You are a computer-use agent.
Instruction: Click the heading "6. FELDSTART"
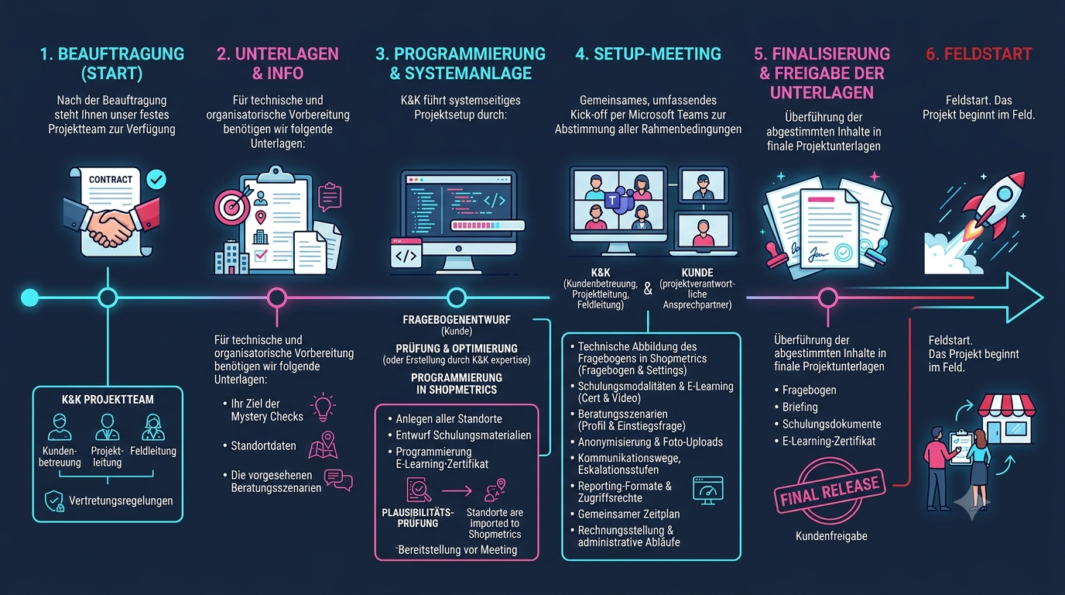(x=979, y=54)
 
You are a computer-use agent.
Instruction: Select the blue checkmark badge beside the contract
(x=156, y=180)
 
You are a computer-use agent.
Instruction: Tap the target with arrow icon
(x=232, y=205)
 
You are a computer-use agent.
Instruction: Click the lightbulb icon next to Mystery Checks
(x=323, y=408)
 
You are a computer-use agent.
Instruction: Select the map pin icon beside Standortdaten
(x=324, y=445)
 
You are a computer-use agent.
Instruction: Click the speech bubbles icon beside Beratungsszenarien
(x=338, y=480)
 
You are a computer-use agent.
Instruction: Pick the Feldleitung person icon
(x=153, y=427)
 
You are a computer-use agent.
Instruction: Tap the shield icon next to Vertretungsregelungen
(x=54, y=501)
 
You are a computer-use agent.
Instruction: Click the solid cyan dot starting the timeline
(x=30, y=297)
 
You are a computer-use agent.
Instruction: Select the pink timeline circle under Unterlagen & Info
(x=277, y=297)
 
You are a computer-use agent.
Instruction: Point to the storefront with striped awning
(x=1006, y=419)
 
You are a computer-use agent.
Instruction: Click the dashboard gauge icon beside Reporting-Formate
(x=708, y=490)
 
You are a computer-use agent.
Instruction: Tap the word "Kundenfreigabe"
(x=831, y=536)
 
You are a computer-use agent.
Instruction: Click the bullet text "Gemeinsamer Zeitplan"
(x=628, y=514)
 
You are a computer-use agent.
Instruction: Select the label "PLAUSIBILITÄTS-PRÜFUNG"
(x=417, y=518)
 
